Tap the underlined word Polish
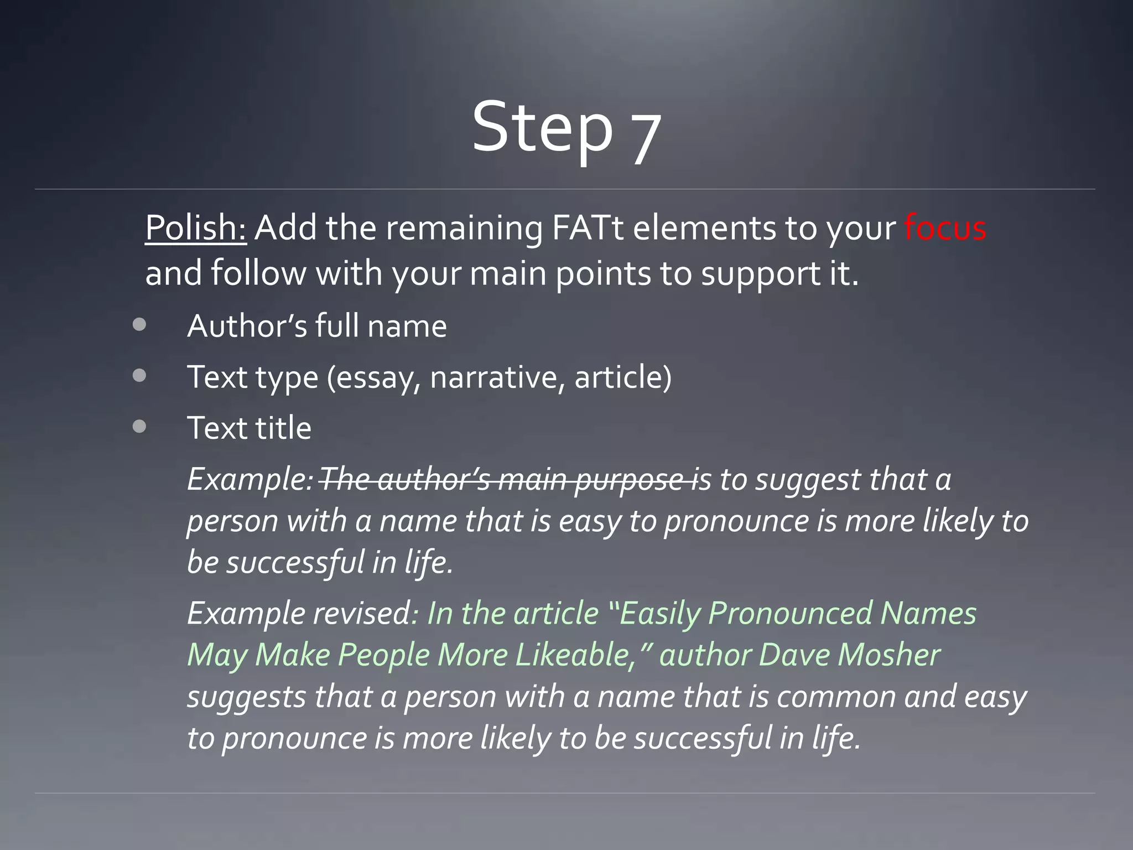(x=195, y=228)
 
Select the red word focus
(x=945, y=228)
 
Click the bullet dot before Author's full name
(x=139, y=325)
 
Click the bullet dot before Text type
(x=139, y=376)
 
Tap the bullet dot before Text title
(x=139, y=427)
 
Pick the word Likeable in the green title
(x=574, y=655)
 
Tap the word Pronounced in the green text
(x=789, y=614)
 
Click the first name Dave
(x=793, y=655)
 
